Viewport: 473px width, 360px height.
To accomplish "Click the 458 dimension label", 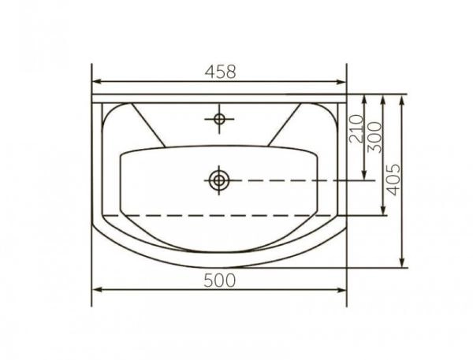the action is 220,72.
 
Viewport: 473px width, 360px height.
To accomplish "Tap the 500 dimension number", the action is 219,280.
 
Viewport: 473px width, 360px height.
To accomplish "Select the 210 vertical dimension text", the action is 356,128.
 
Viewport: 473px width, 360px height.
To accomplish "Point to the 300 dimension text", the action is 375,137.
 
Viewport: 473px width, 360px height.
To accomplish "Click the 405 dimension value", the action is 393,180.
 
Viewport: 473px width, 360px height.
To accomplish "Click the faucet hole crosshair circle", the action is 219,119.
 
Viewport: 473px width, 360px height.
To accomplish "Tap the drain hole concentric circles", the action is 219,180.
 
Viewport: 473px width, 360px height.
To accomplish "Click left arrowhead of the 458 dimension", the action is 96,81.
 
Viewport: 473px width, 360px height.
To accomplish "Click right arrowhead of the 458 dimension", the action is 341,81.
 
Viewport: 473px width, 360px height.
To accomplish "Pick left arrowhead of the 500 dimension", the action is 96,290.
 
